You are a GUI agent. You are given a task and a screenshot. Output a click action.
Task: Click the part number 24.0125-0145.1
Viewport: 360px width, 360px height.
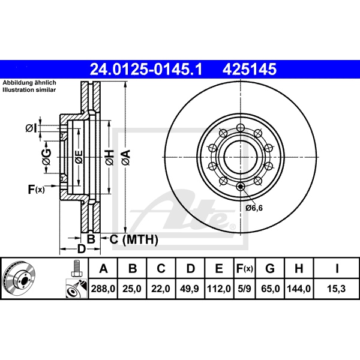pyautogui.click(x=146, y=70)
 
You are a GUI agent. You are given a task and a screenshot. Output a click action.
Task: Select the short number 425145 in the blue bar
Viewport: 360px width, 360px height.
pyautogui.click(x=250, y=70)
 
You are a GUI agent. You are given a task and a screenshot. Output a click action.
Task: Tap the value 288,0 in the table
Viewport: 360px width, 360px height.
pyautogui.click(x=103, y=289)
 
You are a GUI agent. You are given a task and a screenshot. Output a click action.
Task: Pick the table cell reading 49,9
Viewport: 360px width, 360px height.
pyautogui.click(x=190, y=289)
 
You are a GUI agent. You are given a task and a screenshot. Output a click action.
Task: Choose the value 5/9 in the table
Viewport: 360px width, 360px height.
pyautogui.click(x=245, y=289)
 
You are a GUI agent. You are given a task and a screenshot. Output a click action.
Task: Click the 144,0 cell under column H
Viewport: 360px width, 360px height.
pyautogui.click(x=299, y=289)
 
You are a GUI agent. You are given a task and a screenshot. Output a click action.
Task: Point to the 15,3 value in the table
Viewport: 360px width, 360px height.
pyautogui.click(x=337, y=289)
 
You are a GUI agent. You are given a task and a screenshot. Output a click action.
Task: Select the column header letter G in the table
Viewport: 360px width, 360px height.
pyautogui.click(x=270, y=268)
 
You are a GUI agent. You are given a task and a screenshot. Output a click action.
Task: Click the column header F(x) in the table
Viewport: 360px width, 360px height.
pyautogui.click(x=245, y=268)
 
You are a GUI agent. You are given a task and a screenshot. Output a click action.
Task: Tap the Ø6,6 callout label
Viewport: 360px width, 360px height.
pyautogui.click(x=254, y=208)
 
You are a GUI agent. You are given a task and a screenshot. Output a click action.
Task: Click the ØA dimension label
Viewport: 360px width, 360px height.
pyautogui.click(x=126, y=157)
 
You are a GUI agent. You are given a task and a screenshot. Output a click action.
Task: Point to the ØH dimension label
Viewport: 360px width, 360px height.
pyautogui.click(x=110, y=157)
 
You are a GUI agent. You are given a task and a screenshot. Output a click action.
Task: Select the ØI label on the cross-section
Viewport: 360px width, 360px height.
pyautogui.click(x=31, y=128)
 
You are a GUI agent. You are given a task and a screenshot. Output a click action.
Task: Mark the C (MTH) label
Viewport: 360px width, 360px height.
pyautogui.click(x=134, y=239)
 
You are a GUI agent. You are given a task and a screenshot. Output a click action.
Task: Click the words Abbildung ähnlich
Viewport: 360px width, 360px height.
pyautogui.click(x=29, y=83)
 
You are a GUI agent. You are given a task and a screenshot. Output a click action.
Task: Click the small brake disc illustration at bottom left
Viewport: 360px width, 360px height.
pyautogui.click(x=20, y=278)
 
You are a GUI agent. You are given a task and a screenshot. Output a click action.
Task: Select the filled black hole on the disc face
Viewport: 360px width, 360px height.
pyautogui.click(x=240, y=187)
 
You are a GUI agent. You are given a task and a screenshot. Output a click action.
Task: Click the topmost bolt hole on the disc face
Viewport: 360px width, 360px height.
pyautogui.click(x=240, y=127)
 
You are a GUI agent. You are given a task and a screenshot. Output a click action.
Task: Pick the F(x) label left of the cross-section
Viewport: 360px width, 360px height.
pyautogui.click(x=36, y=190)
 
